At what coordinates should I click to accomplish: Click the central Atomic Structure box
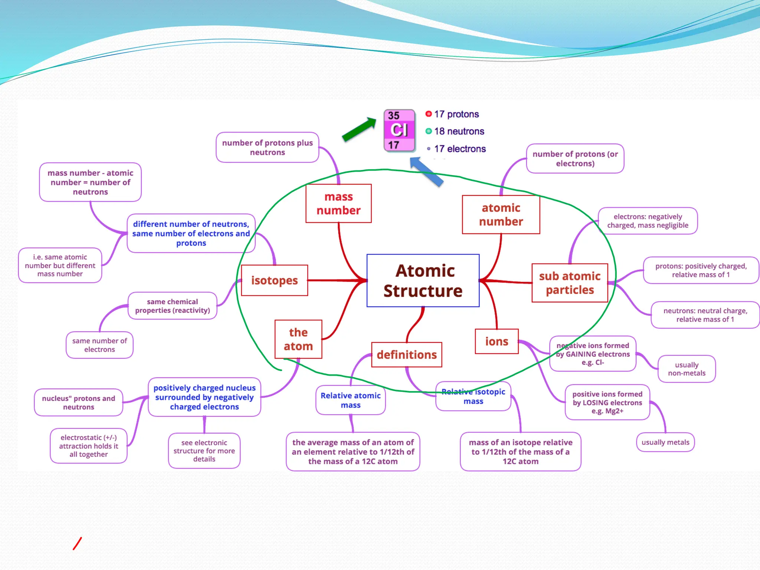(423, 281)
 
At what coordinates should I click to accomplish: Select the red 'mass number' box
(338, 203)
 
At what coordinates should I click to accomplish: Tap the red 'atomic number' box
(501, 214)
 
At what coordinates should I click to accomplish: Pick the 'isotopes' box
(274, 280)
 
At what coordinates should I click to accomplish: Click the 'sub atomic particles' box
(570, 283)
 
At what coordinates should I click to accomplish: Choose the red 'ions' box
(497, 341)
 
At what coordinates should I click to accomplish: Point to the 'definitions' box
(407, 355)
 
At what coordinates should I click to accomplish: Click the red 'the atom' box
(298, 339)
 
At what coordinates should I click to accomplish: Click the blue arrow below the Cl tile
(427, 171)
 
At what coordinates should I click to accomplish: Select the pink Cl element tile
(399, 130)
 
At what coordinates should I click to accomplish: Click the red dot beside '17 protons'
(429, 114)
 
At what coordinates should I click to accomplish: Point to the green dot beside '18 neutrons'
(429, 131)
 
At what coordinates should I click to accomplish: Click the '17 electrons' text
(460, 149)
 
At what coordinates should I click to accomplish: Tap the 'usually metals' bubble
(665, 442)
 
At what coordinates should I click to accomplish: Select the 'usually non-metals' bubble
(687, 369)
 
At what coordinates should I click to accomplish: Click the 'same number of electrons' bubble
(99, 345)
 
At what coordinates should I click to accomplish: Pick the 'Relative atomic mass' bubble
(350, 400)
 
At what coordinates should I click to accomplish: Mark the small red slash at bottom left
(77, 544)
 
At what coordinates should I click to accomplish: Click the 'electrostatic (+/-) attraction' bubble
(89, 446)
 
